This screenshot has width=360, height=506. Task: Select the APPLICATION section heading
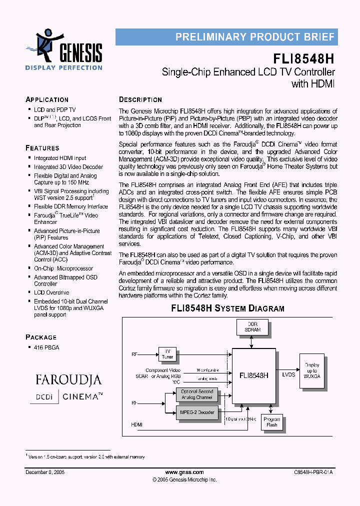coord(47,99)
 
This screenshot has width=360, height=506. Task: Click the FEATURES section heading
coord(42,148)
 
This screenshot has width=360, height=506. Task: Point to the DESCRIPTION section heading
coord(140,99)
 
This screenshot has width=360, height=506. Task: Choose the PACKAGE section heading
coord(41,337)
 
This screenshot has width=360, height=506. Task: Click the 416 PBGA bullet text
coord(45,347)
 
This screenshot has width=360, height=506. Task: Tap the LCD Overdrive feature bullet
coord(51,292)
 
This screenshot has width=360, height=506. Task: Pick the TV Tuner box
coord(167,353)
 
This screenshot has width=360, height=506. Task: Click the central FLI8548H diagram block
coord(254,374)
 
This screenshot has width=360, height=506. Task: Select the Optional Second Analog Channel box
coord(196,394)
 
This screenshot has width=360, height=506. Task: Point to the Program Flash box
coord(271,422)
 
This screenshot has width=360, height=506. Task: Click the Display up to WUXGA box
coord(312,370)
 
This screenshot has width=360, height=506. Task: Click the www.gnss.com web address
coord(184,472)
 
